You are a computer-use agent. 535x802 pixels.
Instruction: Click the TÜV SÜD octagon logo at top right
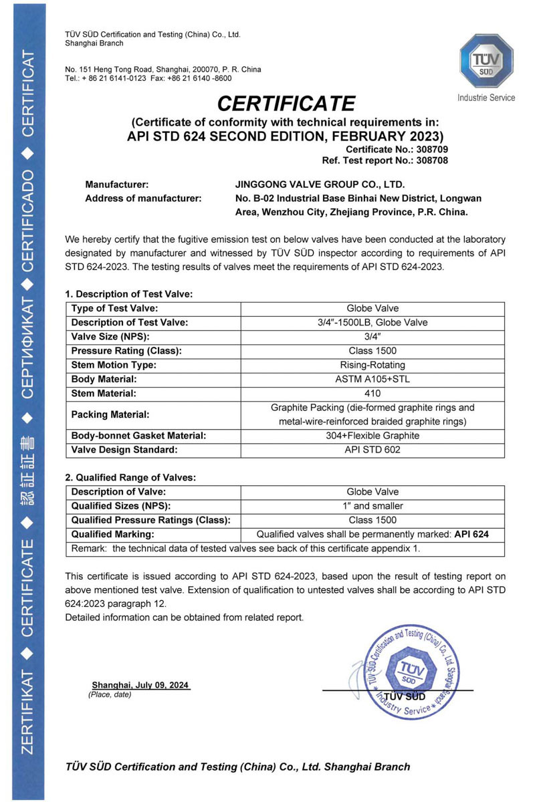(x=486, y=60)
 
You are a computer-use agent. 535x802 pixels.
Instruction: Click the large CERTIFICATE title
(x=286, y=104)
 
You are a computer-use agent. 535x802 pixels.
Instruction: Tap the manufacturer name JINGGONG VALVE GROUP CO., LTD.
(x=316, y=184)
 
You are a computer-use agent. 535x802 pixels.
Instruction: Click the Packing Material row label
(x=111, y=414)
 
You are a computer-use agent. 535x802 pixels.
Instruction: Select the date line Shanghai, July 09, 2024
(x=141, y=685)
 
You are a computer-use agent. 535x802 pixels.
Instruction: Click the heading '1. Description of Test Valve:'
(x=128, y=293)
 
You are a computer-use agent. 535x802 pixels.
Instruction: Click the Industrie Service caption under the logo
(x=486, y=98)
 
